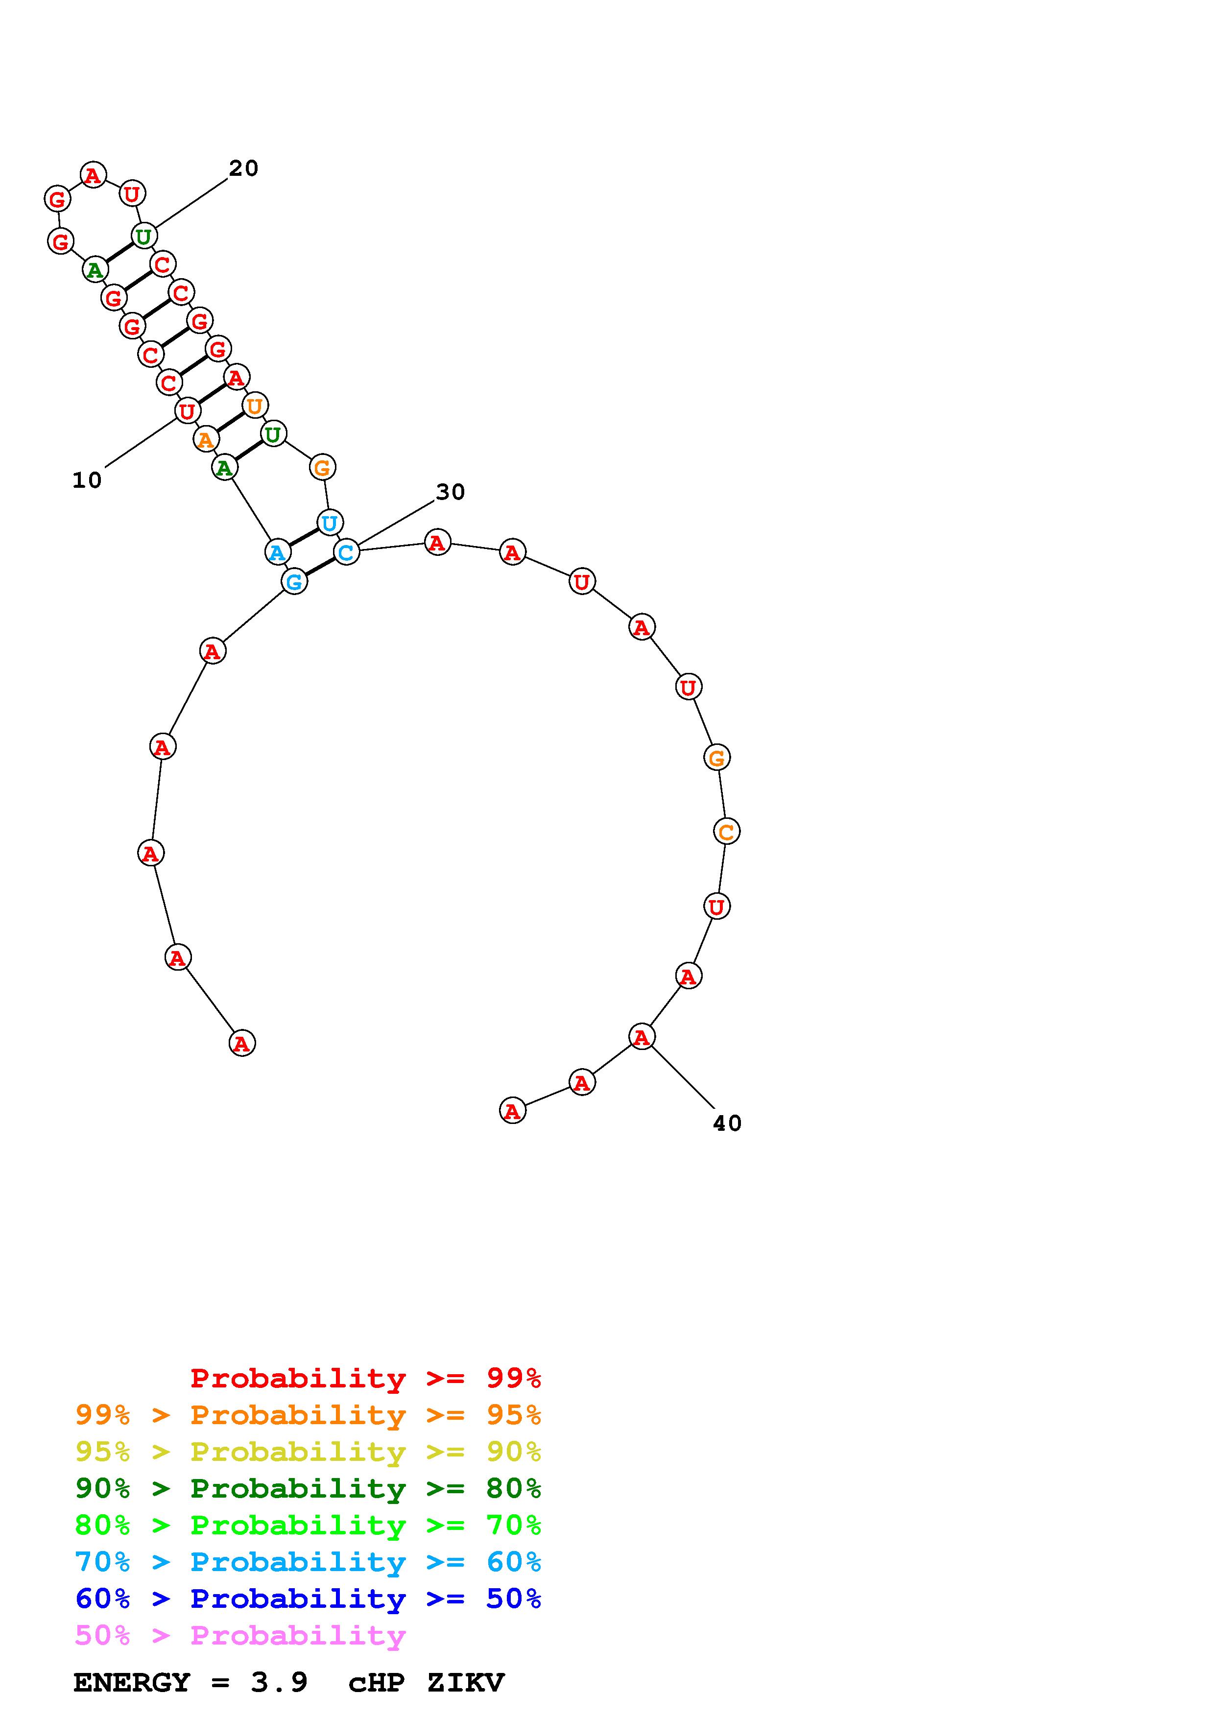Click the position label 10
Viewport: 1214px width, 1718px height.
[87, 480]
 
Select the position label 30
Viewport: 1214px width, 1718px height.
[451, 492]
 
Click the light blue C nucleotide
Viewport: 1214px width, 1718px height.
[346, 552]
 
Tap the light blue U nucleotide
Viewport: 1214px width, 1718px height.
[329, 522]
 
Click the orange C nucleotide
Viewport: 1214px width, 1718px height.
[726, 831]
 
